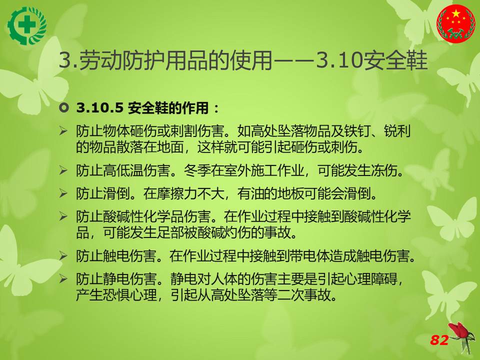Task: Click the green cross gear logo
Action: [27, 25]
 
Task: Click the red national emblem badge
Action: [456, 23]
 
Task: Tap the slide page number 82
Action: [439, 340]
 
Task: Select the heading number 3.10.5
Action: [100, 108]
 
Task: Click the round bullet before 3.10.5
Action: [64, 108]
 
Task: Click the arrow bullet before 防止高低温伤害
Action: [63, 170]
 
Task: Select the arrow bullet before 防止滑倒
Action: [63, 193]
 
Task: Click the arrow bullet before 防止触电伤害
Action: [63, 255]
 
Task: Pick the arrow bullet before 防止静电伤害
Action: [63, 278]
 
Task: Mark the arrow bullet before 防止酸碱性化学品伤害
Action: [63, 216]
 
